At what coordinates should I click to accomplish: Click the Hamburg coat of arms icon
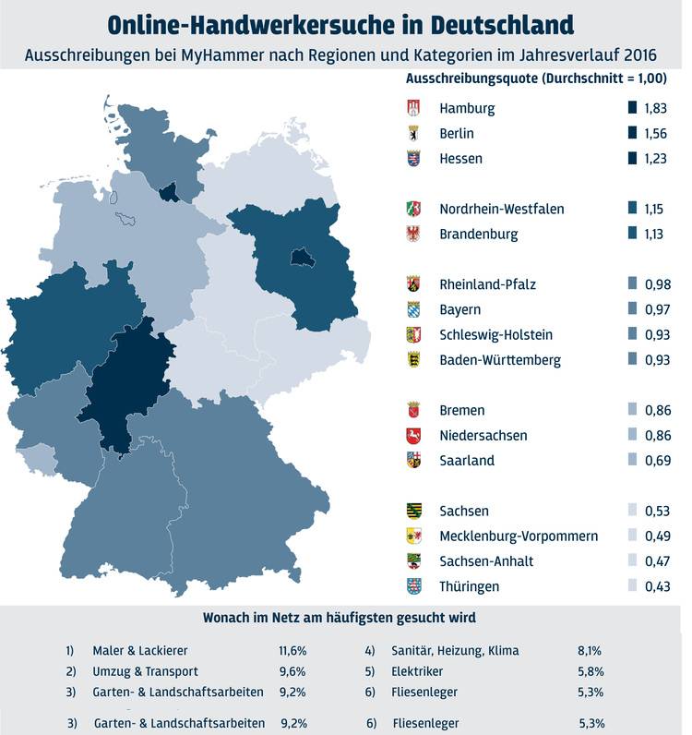[x=413, y=108]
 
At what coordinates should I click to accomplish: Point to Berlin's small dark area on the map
[x=302, y=258]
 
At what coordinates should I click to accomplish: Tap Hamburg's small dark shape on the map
[x=169, y=193]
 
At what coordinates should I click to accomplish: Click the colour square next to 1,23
[x=632, y=158]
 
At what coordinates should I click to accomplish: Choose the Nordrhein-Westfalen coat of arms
[x=413, y=209]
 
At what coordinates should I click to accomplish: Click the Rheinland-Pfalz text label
[x=487, y=284]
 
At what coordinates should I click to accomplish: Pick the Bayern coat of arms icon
[x=413, y=309]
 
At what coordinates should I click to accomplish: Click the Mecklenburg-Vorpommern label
[x=519, y=536]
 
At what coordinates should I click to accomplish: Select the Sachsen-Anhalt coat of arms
[x=413, y=560]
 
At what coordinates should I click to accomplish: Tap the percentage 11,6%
[x=292, y=650]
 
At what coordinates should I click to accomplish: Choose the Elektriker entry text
[x=417, y=671]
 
